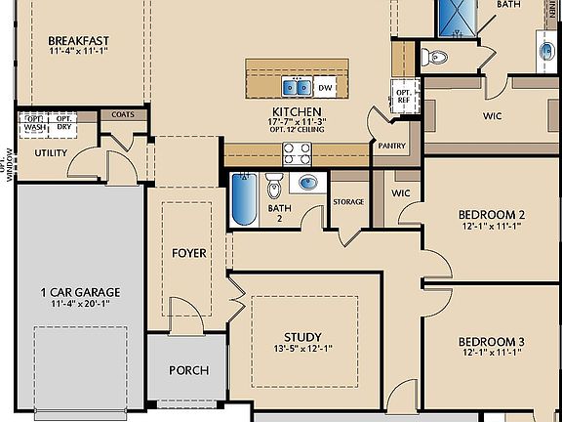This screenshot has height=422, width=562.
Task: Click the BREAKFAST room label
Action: (77, 41)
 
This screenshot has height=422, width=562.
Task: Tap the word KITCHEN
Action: (298, 112)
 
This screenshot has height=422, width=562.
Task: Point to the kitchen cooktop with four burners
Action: (297, 152)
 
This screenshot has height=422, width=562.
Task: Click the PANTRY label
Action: (389, 146)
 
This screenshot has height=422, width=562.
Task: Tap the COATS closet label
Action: (123, 114)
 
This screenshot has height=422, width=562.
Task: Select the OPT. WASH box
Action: (34, 123)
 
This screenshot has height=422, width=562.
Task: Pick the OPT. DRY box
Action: (63, 123)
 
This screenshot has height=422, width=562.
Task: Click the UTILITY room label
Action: (50, 153)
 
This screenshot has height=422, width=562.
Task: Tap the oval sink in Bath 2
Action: (309, 183)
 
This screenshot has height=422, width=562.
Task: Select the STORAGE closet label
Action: (348, 202)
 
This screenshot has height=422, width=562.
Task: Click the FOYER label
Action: (189, 253)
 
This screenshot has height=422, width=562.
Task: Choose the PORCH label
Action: (188, 370)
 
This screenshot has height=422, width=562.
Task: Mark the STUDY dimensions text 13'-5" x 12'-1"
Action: (301, 350)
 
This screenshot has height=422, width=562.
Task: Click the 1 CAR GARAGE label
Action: (80, 292)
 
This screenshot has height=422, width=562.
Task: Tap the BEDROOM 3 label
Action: (492, 341)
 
